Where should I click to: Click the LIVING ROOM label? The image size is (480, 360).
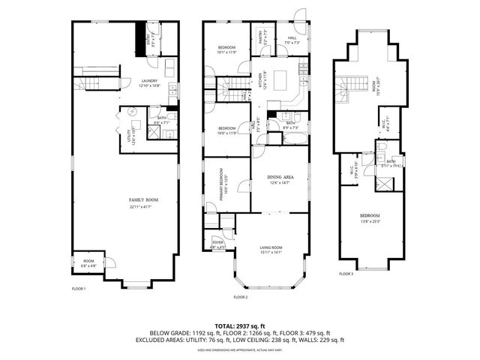[x=271, y=250]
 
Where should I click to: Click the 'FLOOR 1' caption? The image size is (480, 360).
[x=79, y=289]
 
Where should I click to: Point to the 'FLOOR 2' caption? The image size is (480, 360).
[x=240, y=298]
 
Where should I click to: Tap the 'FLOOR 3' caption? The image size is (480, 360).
[x=346, y=274]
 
